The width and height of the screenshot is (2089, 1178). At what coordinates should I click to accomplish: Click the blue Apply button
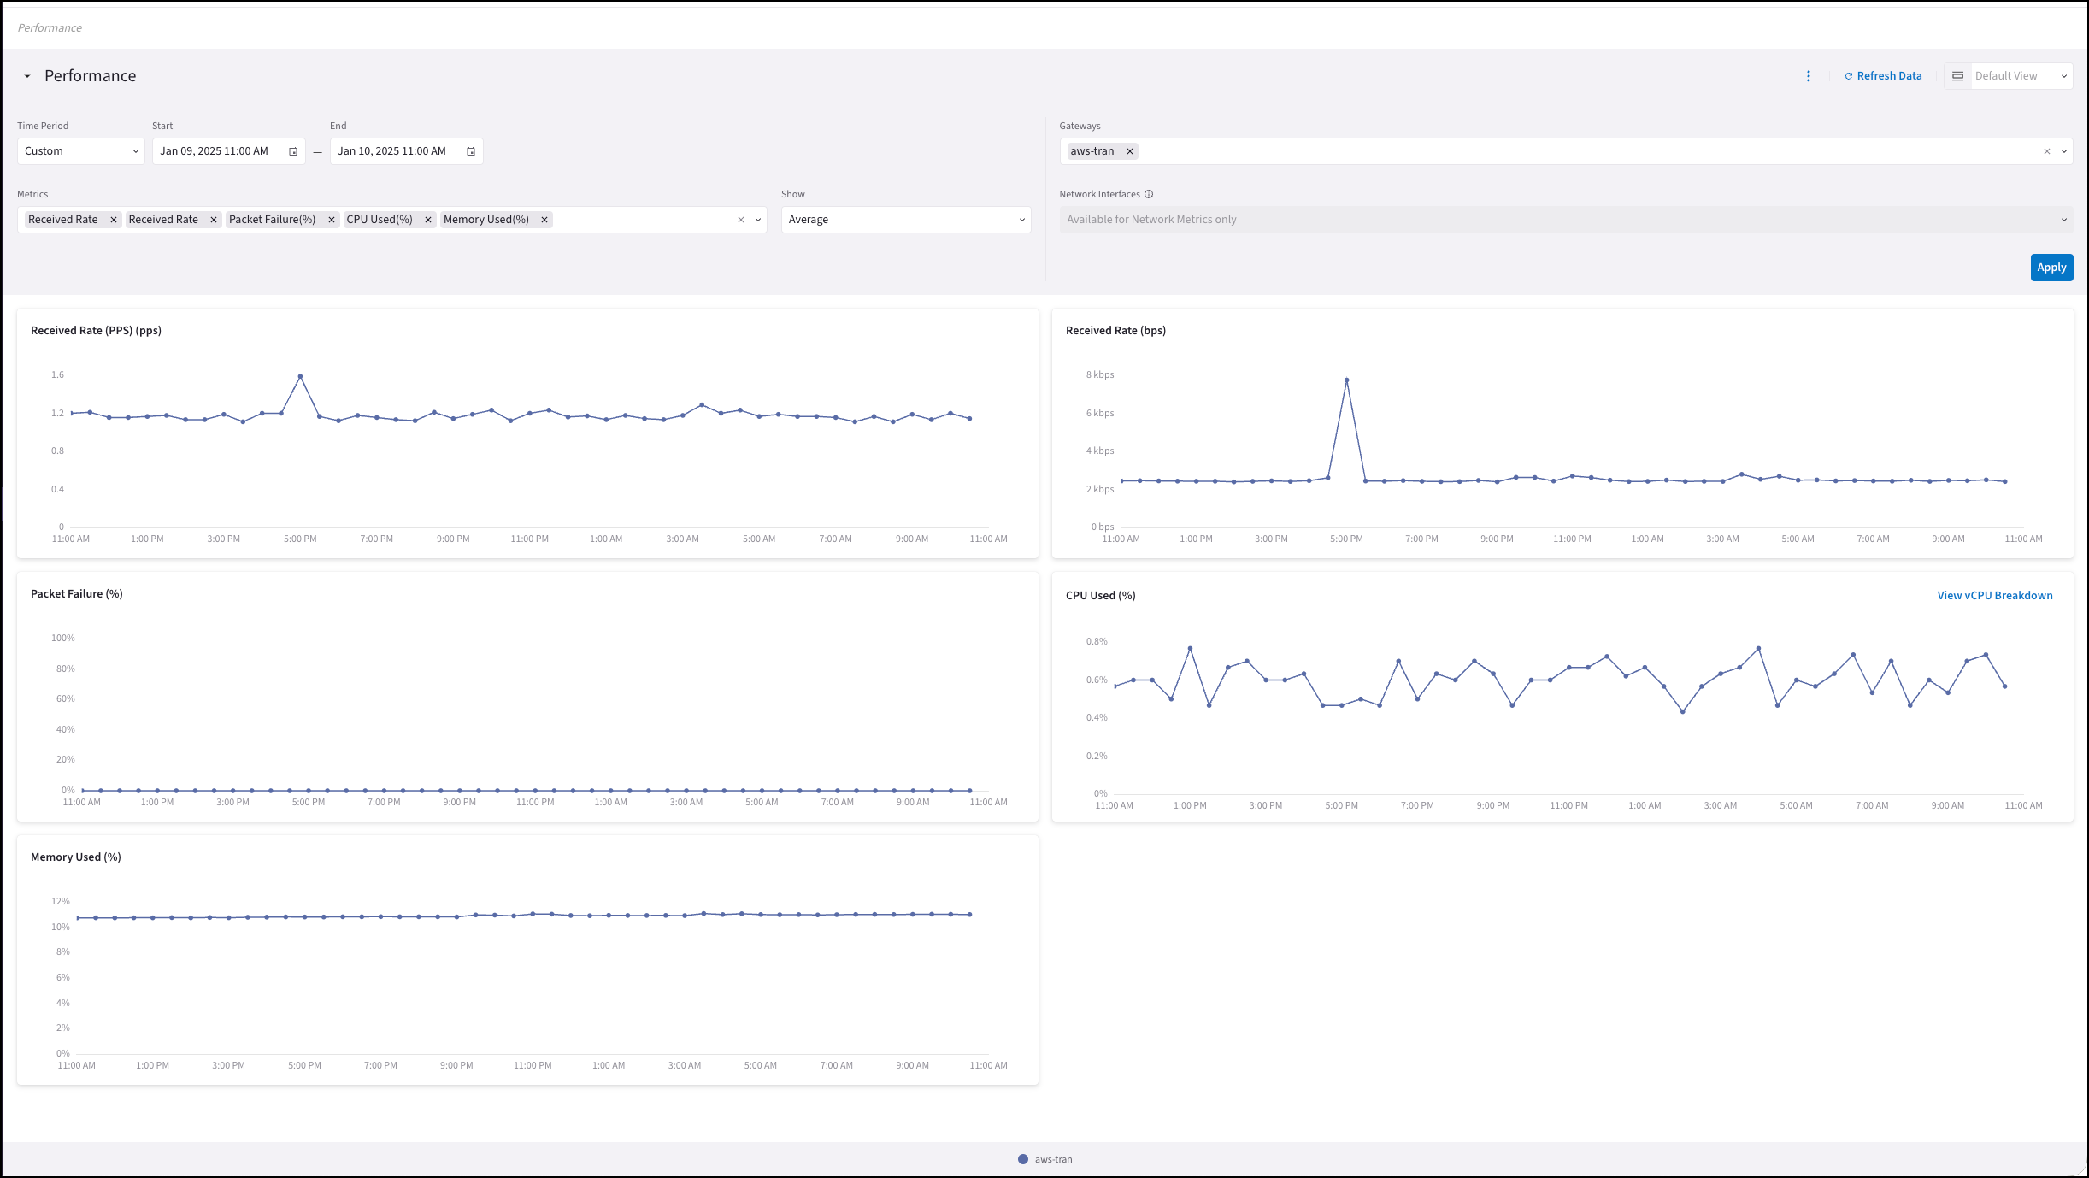(2051, 268)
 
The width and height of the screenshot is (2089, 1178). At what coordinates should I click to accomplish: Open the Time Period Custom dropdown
(81, 151)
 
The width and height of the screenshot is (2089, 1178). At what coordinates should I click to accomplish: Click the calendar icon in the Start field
(293, 151)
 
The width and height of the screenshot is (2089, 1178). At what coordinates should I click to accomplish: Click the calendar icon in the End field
(471, 151)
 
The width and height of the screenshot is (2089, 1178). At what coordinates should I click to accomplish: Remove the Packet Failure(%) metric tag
(332, 220)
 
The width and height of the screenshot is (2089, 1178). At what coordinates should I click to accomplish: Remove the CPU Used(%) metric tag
(428, 220)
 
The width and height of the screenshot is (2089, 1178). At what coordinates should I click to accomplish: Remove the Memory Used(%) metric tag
(544, 220)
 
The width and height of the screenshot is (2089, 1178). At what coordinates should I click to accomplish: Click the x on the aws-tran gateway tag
(1130, 151)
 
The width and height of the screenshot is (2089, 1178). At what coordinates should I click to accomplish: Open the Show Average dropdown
(906, 220)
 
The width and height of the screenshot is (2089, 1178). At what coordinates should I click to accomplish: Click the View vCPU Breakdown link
(1994, 596)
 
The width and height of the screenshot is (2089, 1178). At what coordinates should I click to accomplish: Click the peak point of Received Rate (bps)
(1346, 380)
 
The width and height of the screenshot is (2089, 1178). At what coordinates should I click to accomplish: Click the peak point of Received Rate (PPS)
(300, 376)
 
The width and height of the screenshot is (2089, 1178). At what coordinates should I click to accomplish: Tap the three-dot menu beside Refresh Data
(1809, 76)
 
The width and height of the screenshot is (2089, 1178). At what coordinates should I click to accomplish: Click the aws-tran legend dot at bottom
(1023, 1159)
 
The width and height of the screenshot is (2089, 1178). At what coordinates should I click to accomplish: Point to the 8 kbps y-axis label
(1100, 375)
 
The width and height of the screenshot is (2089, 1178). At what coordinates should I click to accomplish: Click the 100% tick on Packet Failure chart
(63, 639)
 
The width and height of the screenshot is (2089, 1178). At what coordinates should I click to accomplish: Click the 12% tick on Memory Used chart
(61, 902)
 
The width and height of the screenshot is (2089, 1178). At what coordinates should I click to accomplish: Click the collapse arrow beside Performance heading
(27, 76)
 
